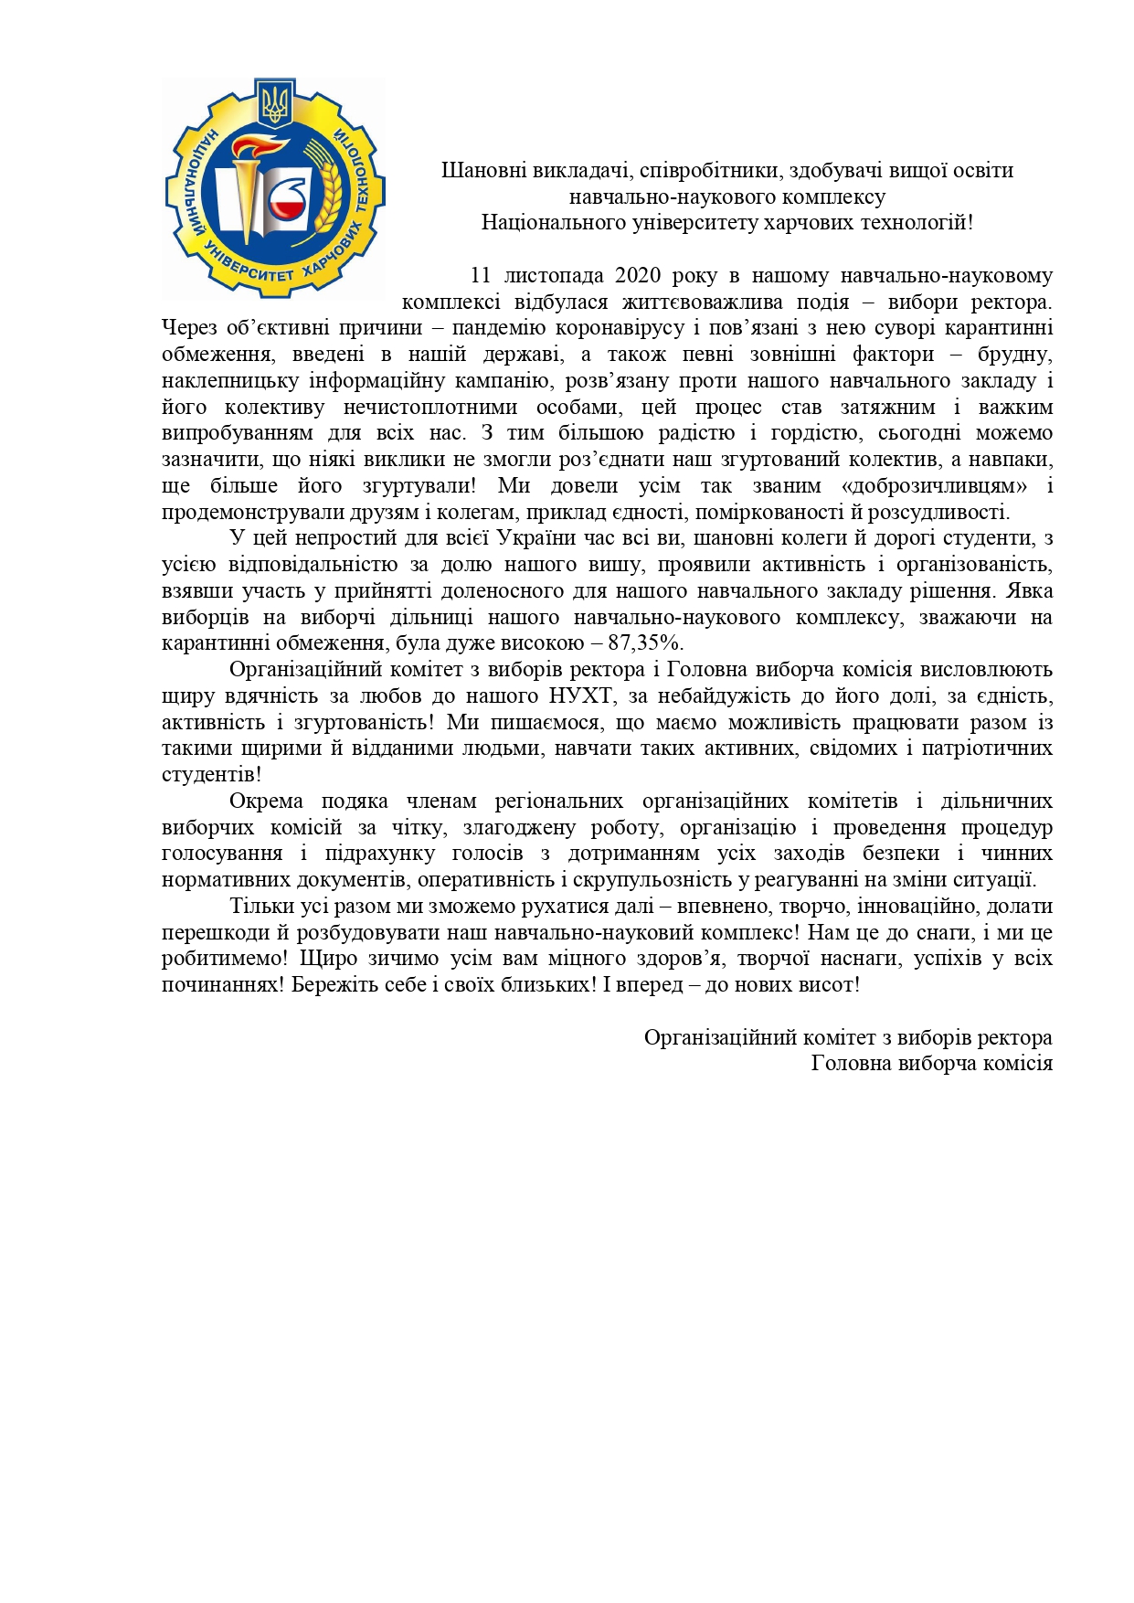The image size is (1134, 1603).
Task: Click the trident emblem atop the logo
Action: (x=274, y=103)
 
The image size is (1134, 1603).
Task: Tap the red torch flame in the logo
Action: (x=257, y=150)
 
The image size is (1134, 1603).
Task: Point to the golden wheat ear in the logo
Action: (x=330, y=187)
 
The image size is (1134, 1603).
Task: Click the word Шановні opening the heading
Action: (x=480, y=171)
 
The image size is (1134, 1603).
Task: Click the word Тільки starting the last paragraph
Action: (x=260, y=907)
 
